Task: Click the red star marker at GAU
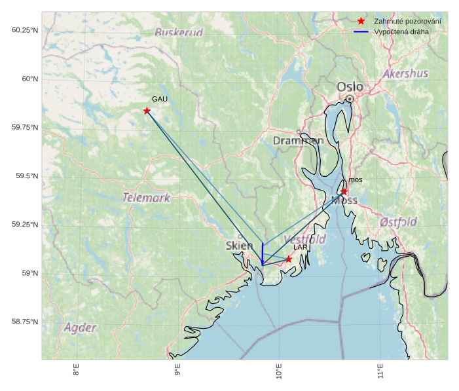point(147,111)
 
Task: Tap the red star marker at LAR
point(289,259)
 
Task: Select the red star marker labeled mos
point(344,191)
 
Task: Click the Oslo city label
point(349,86)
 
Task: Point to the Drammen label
point(298,141)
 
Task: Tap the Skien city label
point(239,246)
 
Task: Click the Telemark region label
point(146,197)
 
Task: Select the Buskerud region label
point(179,32)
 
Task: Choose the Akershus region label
point(405,73)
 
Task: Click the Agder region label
point(81,327)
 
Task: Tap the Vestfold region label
point(305,239)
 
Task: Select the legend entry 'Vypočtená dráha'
point(401,31)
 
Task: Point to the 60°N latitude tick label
point(26,79)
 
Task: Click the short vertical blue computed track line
point(263,253)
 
